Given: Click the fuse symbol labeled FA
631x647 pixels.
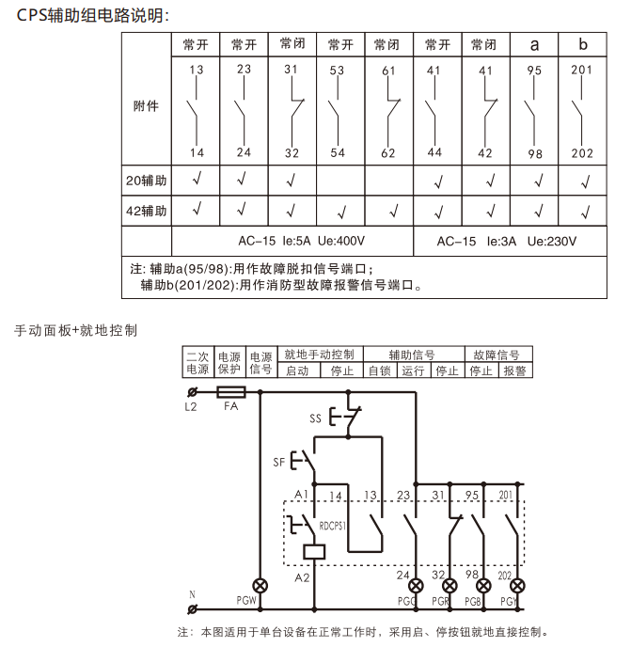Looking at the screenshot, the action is pos(231,392).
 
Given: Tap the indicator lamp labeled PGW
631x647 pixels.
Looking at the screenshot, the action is pos(260,586).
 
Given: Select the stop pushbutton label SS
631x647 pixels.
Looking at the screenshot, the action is pos(315,418).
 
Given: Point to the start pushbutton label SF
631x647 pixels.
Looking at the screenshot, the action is pos(279,462).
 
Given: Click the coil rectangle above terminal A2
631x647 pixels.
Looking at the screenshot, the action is pos(314,552).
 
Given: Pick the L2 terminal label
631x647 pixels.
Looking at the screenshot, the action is pos(191,407).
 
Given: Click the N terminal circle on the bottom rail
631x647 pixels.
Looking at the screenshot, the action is pos(192,609).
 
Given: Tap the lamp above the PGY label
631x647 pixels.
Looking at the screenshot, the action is pos(517,586).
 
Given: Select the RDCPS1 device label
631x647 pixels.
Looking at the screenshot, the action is pos(332,526).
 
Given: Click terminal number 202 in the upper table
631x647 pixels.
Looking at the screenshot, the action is pos(582,153).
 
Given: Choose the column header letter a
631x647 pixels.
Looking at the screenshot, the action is pos(534,44).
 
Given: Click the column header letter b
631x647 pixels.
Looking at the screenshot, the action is pos(583,44).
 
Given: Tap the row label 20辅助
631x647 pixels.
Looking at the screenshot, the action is pos(146,181).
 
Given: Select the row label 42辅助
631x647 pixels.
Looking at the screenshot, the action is pos(146,211).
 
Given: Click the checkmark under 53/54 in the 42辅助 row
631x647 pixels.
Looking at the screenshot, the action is pos(341,213).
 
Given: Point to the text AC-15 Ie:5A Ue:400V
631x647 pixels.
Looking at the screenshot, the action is pos(301,241).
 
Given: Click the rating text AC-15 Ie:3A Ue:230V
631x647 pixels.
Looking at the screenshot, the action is pos(506,242).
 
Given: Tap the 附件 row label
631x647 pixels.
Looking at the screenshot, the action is pos(146,106).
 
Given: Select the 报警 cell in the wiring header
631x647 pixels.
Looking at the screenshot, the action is pos(514,371).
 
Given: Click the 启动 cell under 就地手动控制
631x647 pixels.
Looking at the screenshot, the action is pos(297,371).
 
